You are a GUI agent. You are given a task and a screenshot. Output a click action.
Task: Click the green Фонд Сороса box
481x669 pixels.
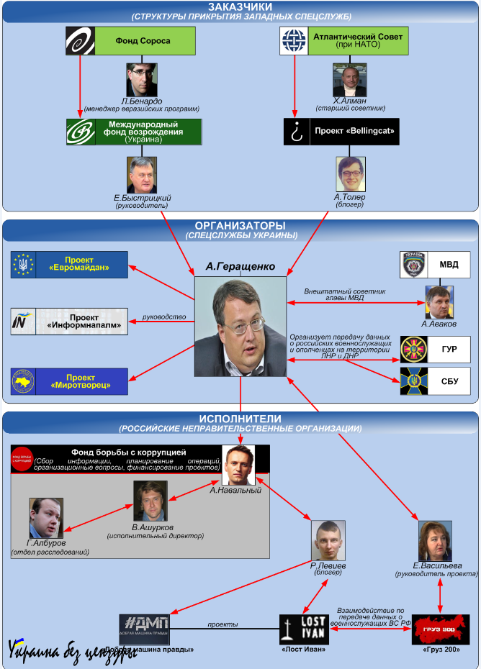click(143, 41)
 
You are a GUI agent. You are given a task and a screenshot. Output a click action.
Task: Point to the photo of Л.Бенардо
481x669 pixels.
click(142, 80)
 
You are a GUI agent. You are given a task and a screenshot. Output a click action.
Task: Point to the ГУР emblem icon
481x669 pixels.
click(414, 349)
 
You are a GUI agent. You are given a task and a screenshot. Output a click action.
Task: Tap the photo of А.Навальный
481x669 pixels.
click(238, 465)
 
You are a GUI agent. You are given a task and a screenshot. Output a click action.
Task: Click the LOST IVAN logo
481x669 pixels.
click(304, 629)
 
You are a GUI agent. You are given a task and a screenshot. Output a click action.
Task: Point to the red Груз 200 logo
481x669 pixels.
click(441, 629)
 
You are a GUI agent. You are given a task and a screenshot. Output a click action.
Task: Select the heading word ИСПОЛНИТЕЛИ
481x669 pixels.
click(240, 418)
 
